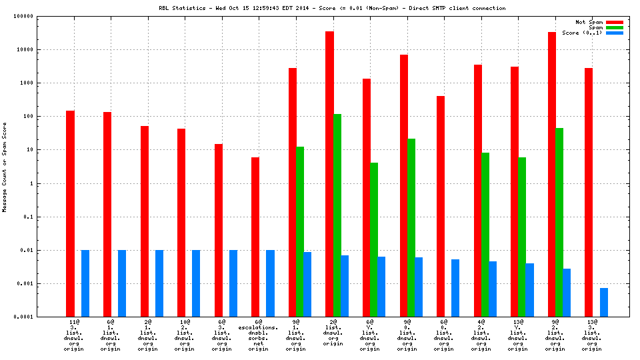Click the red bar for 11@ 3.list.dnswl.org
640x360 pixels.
(x=70, y=213)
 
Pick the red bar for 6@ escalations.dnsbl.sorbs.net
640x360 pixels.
(x=255, y=237)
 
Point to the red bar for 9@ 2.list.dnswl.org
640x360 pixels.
(x=552, y=174)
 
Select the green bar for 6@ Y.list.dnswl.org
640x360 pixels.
(x=374, y=239)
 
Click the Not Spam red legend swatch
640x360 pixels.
(x=614, y=22)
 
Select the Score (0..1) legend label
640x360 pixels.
(x=582, y=33)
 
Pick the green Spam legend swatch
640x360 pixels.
(x=614, y=27)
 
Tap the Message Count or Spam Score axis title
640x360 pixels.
(x=5, y=167)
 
